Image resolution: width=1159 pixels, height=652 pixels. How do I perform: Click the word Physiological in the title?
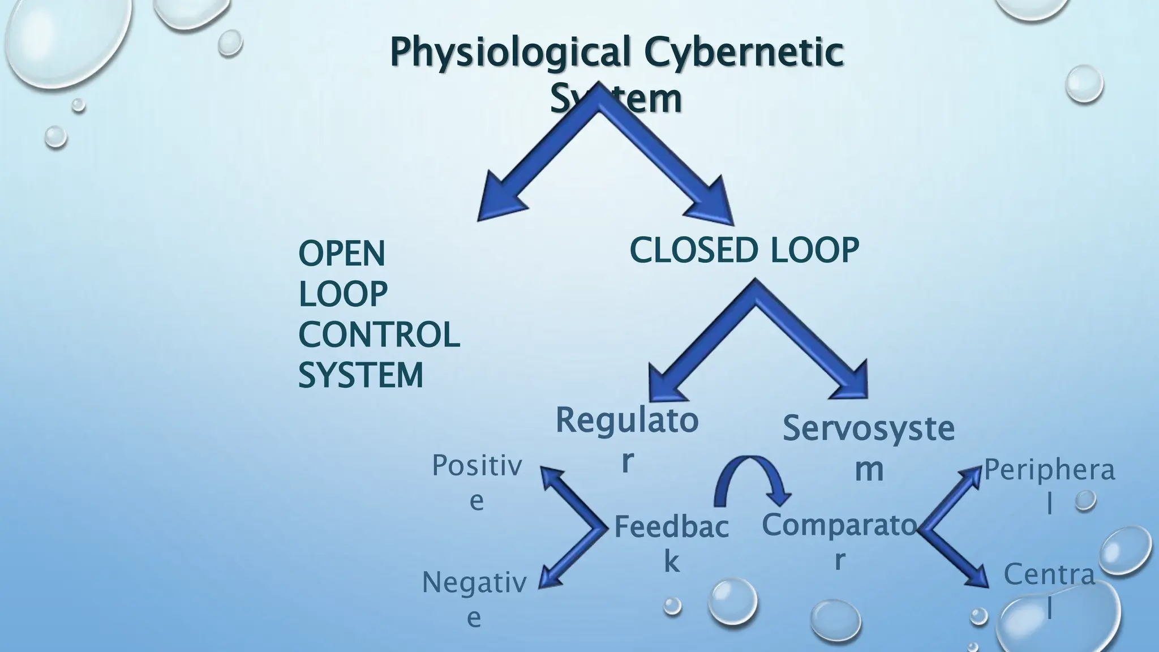click(x=510, y=53)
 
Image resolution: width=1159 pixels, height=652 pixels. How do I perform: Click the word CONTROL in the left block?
click(x=379, y=334)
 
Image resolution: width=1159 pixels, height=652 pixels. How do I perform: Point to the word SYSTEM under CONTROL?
click(x=360, y=375)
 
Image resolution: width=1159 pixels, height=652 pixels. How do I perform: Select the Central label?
click(x=1050, y=590)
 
